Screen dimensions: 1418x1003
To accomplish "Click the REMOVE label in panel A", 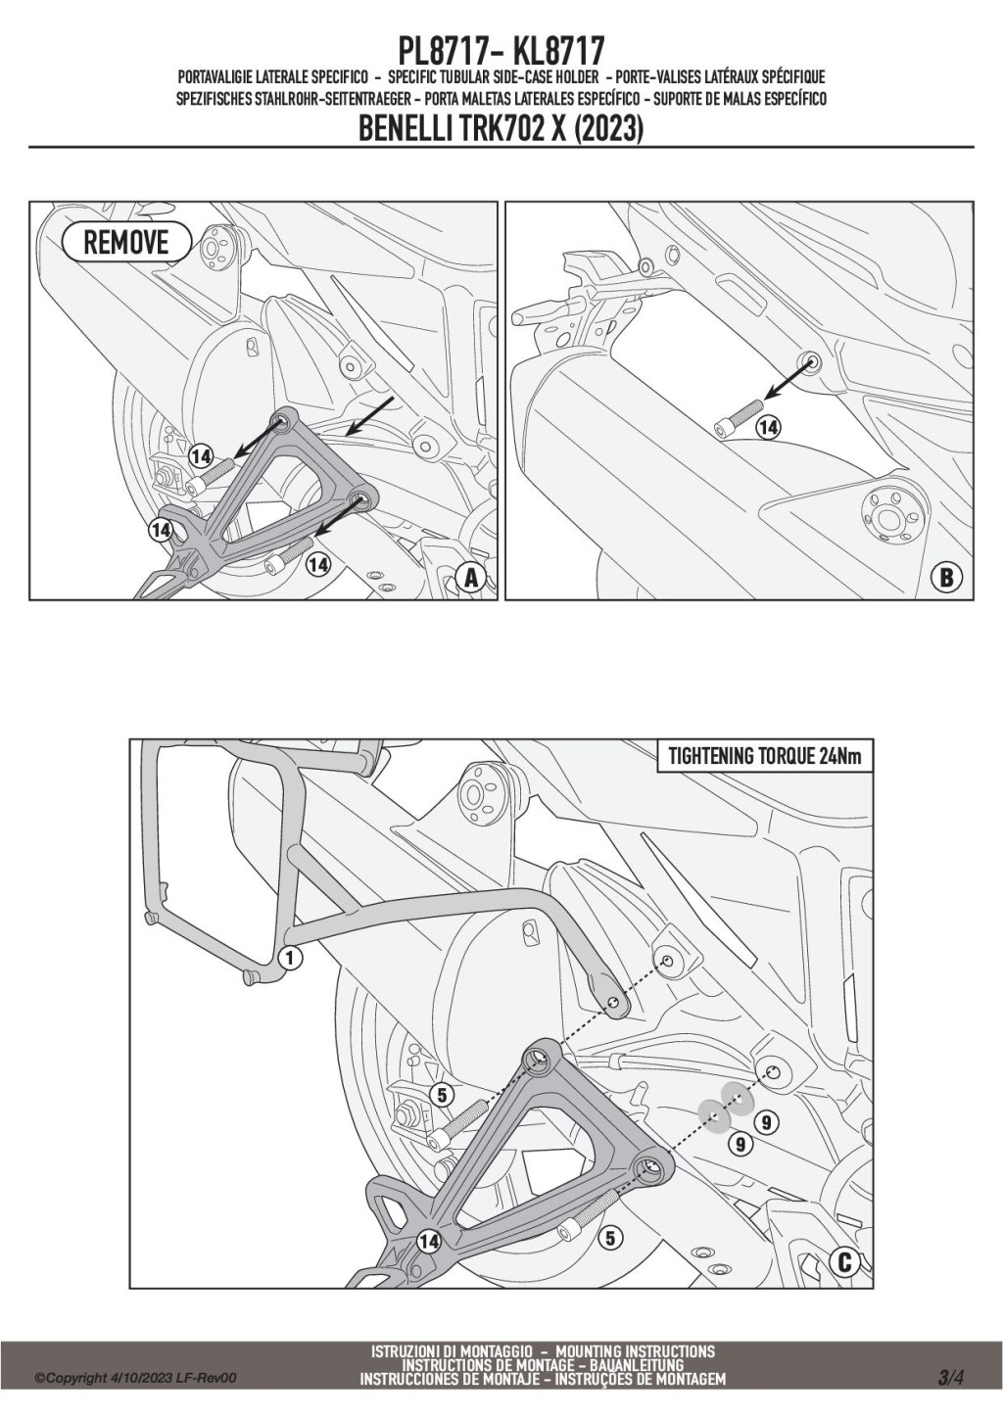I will click(125, 242).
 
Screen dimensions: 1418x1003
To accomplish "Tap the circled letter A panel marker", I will click(472, 578).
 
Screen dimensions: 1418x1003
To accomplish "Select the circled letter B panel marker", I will click(946, 578).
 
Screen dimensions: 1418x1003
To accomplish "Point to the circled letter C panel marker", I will click(844, 1261).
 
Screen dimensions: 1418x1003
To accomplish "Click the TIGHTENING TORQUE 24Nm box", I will click(763, 756).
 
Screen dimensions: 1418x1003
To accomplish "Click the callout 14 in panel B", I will click(769, 427).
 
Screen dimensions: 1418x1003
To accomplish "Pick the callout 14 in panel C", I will click(427, 1241).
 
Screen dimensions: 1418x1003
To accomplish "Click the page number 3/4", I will click(951, 1378).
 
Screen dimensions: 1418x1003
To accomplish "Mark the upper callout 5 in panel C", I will click(443, 1096).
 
